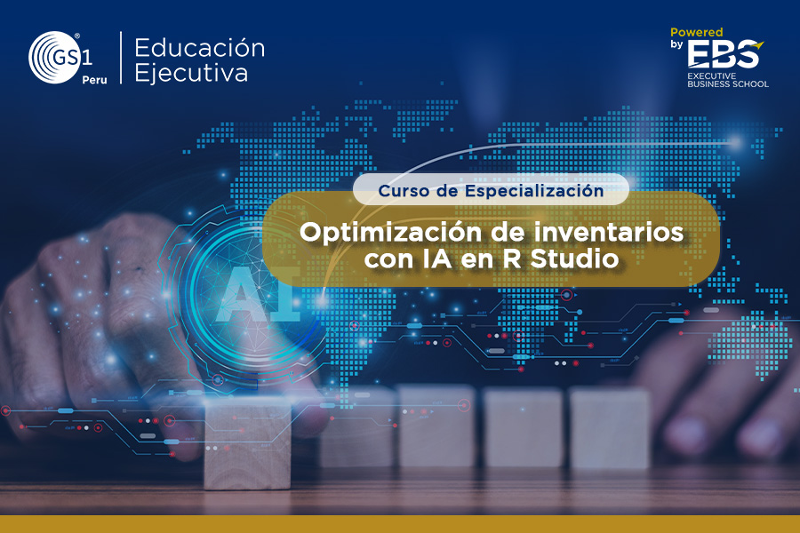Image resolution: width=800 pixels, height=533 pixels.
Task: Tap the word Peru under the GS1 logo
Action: (x=94, y=80)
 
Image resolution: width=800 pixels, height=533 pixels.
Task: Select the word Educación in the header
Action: (x=199, y=48)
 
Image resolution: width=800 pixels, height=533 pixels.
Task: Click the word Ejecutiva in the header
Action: (x=191, y=73)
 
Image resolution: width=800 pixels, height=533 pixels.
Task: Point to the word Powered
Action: (x=696, y=32)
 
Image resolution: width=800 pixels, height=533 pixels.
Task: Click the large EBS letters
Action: (x=724, y=54)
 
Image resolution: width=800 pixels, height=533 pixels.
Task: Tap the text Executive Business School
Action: (x=727, y=80)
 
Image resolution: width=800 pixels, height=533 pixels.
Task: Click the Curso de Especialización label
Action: (x=491, y=190)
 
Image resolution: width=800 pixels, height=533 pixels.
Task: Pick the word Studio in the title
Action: (x=574, y=259)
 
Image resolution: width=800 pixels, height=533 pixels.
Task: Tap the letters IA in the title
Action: (x=436, y=259)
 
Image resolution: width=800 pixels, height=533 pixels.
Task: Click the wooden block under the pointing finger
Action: (x=247, y=442)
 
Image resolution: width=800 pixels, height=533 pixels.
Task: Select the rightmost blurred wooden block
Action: (x=609, y=427)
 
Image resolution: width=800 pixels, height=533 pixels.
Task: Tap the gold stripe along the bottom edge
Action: (x=400, y=524)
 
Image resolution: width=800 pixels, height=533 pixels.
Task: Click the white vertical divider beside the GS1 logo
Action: (x=121, y=57)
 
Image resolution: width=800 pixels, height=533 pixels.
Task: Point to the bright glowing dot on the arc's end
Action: (x=735, y=142)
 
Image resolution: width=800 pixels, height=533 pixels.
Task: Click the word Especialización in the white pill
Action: (x=534, y=191)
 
